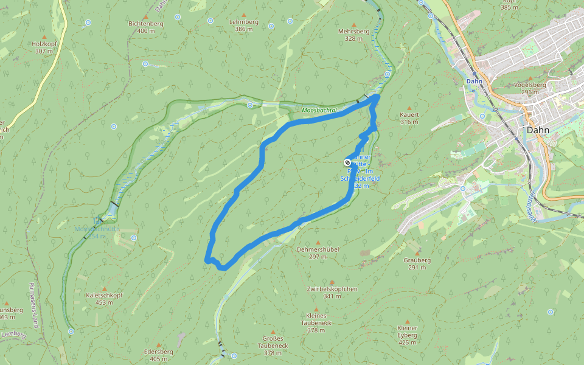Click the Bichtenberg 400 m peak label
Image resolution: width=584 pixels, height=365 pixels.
point(146,27)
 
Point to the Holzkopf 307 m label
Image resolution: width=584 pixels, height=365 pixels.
point(44,47)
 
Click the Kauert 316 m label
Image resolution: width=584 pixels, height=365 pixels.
point(409,118)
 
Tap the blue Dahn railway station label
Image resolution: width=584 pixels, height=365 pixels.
point(474,81)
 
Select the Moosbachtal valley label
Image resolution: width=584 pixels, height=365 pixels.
point(319,110)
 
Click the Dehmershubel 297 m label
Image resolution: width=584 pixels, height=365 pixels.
point(318,253)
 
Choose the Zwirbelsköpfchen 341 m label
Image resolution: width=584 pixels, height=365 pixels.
point(332,293)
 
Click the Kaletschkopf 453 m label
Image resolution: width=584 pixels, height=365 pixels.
point(104,299)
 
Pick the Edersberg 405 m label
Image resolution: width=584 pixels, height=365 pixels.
point(158,355)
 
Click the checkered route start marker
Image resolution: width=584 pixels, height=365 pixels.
point(347,162)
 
